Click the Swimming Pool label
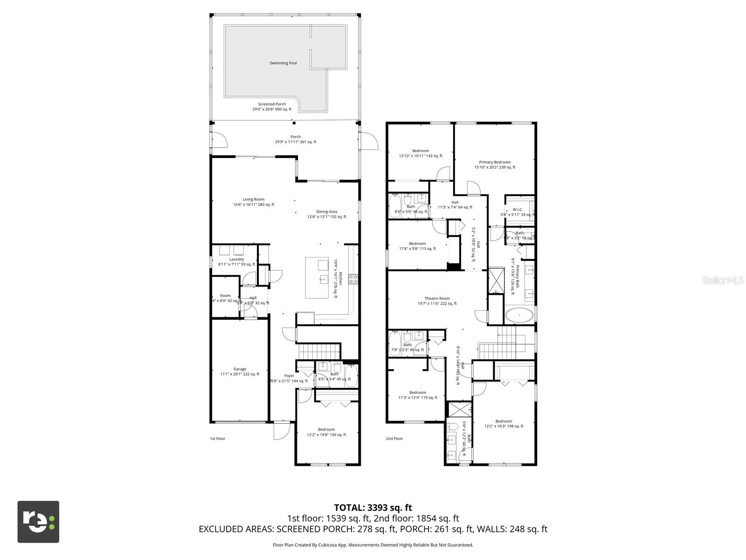coord(283,63)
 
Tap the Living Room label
coord(253,200)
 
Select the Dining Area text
coord(326,212)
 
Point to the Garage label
coord(240,369)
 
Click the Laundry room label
coord(236,259)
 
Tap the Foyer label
coord(289,376)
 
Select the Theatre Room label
coord(437,299)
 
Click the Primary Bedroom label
coord(495,162)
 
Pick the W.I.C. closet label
coord(518,210)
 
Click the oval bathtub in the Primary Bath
coord(519,315)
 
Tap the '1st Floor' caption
coord(217,439)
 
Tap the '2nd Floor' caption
coord(394,439)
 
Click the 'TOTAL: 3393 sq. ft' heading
coord(373,507)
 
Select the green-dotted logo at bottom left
coord(38,522)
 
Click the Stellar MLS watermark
coord(722,280)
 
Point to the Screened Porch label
coord(272,105)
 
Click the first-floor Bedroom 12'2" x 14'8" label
coord(326,430)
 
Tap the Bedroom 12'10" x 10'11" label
coord(420,151)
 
